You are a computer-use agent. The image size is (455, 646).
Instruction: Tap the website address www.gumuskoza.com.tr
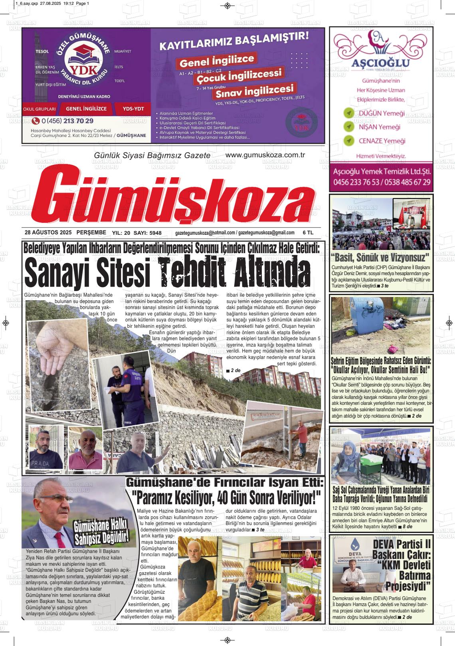tap(265, 155)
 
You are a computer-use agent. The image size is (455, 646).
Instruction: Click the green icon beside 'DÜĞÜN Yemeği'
tap(349, 113)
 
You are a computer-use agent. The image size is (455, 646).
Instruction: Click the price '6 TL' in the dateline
tap(308, 232)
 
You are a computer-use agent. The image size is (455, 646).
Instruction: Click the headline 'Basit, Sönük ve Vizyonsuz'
tap(380, 257)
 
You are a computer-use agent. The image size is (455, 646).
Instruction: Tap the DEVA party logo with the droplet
tap(355, 549)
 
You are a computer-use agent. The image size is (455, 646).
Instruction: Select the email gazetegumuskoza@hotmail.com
tap(205, 233)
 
